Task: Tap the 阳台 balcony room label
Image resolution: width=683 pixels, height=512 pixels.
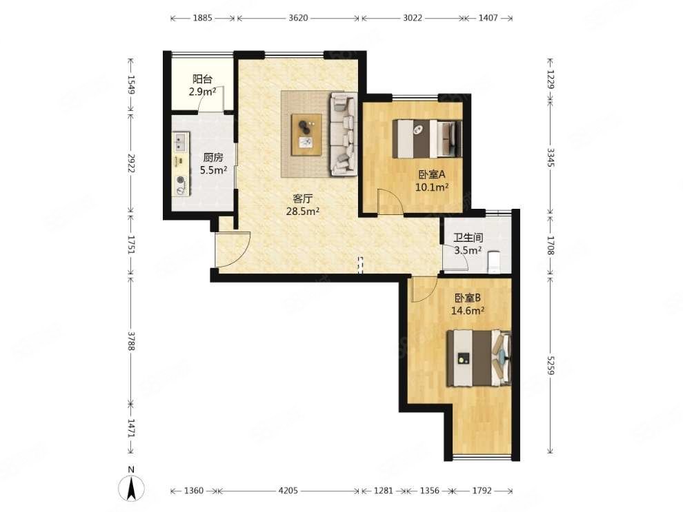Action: (203, 79)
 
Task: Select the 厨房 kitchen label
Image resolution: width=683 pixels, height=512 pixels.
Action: (213, 158)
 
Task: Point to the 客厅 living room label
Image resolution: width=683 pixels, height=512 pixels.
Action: (303, 198)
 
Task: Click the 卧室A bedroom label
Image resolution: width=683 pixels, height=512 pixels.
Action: (432, 175)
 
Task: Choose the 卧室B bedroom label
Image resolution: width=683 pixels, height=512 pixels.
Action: (467, 298)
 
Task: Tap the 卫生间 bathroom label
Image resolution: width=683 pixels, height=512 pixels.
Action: (468, 238)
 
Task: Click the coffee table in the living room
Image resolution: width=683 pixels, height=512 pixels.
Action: (307, 134)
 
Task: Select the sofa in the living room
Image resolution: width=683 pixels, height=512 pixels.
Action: (344, 134)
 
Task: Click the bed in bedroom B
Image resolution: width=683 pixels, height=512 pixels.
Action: (479, 358)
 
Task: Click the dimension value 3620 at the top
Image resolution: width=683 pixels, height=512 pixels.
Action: (298, 18)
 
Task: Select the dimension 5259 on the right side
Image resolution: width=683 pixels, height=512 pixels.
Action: (551, 367)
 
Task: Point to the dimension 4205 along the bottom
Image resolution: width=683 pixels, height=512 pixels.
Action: (288, 491)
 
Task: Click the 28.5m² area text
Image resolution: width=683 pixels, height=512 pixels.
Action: (303, 212)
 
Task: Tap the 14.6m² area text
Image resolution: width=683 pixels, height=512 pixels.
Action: (468, 311)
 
